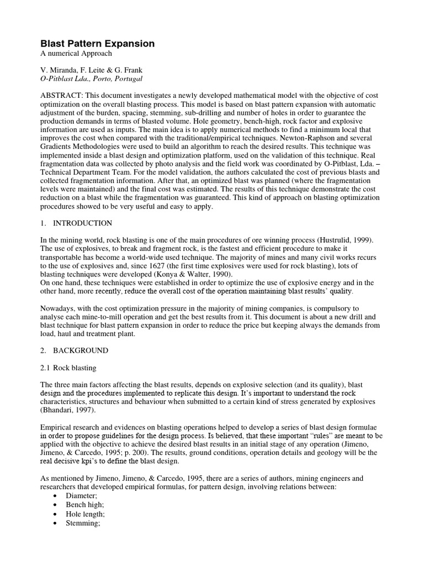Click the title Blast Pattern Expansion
pyautogui.click(x=97, y=43)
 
